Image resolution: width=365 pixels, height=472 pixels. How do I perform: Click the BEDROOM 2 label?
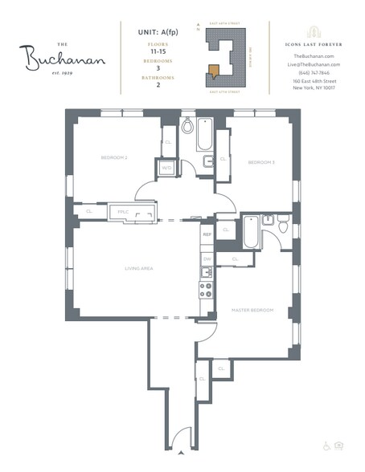114,157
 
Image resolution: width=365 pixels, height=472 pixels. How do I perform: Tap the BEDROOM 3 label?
261,162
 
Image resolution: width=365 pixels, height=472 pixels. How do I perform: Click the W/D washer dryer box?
166,168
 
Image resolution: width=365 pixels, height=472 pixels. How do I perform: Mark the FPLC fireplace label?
123,212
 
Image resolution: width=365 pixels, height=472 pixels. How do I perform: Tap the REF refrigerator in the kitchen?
207,235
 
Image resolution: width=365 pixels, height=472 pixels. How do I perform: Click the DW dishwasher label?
207,259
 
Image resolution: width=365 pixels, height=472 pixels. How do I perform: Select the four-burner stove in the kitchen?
207,288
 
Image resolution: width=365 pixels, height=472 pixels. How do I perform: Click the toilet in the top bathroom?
187,126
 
